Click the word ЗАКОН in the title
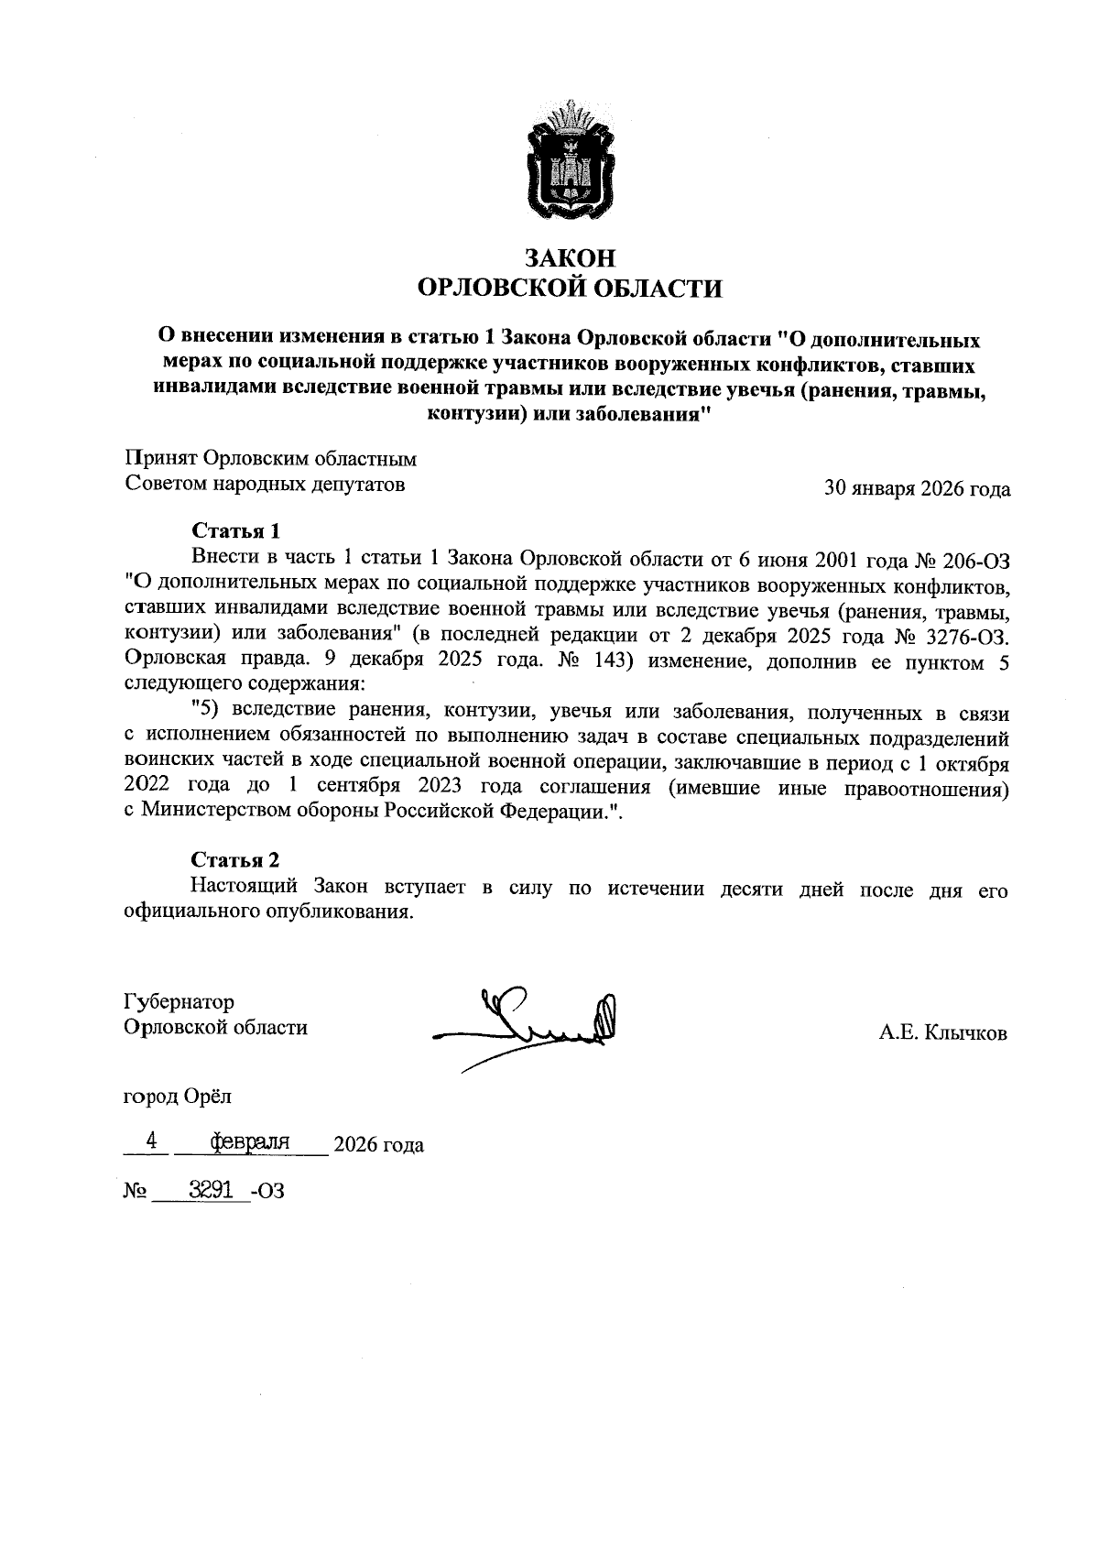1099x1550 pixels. point(569,257)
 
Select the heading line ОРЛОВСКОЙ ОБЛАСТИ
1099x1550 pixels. point(569,289)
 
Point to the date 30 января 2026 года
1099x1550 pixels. point(917,489)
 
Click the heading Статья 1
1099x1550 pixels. point(235,531)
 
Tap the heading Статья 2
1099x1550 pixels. point(235,860)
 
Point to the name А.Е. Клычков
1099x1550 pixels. point(942,1034)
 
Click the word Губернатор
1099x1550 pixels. point(179,1001)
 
